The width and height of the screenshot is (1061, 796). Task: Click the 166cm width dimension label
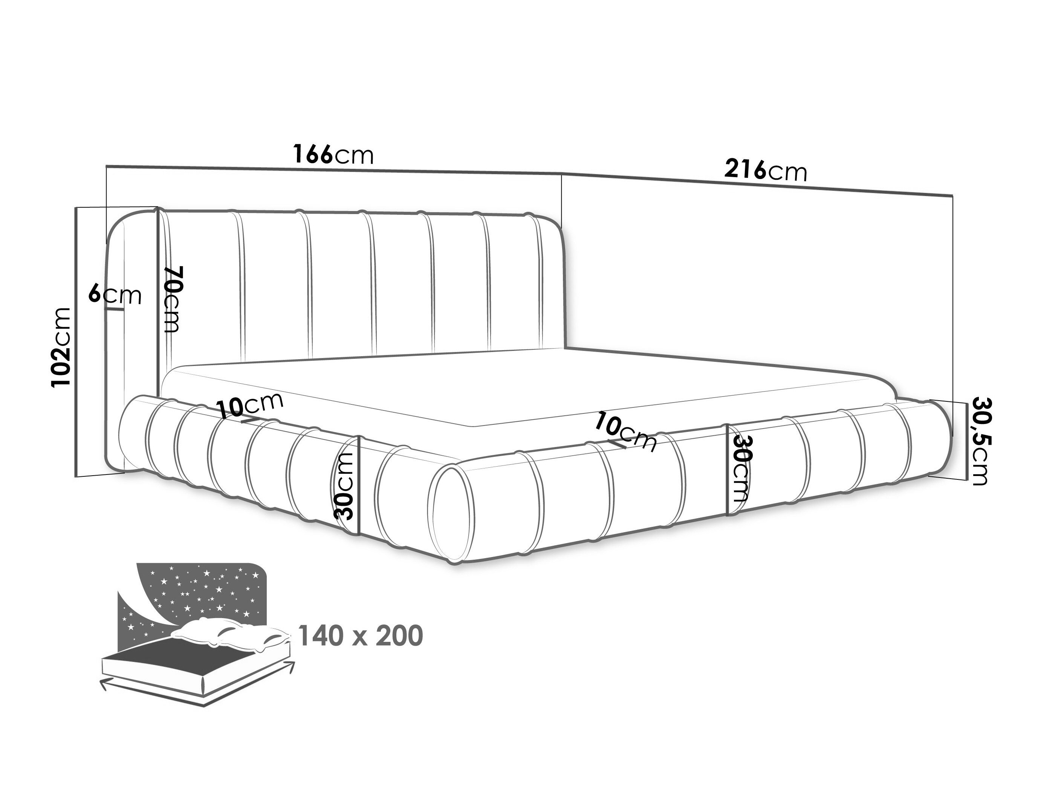[333, 155]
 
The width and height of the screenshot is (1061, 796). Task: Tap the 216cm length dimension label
[766, 170]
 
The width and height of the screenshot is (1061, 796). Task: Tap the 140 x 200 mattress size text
[361, 636]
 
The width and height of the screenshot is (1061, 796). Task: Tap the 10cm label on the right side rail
[625, 432]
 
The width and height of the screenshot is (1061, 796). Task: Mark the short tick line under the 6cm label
[116, 309]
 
